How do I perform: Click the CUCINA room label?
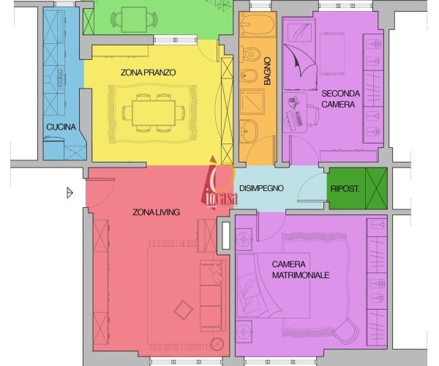[61, 127]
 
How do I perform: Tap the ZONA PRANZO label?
[148, 72]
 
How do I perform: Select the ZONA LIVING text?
[156, 212]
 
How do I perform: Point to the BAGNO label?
[267, 71]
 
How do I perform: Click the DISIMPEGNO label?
[261, 188]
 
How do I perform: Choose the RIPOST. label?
[345, 188]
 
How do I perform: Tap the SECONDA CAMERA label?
[340, 99]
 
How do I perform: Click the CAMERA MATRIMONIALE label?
[301, 269]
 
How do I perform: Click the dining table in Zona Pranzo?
[154, 113]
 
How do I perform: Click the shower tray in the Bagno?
[252, 102]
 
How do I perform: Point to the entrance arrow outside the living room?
[70, 193]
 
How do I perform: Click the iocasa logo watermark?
[219, 183]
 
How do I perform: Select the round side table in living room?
[217, 344]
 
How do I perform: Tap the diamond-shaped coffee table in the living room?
[184, 310]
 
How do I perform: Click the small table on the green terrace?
[134, 19]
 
